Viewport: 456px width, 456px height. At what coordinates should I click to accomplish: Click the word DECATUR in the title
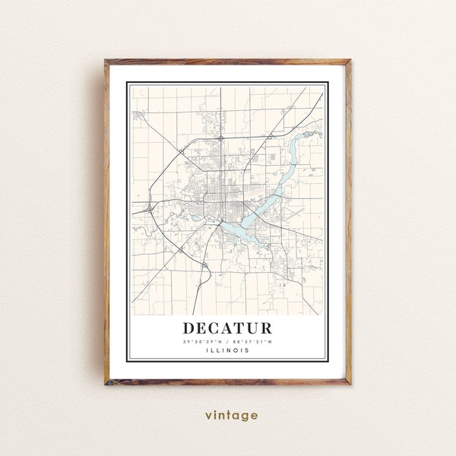[227, 328]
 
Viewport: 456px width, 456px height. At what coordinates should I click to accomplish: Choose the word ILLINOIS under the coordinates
[228, 350]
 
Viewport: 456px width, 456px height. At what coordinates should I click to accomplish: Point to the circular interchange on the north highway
[219, 139]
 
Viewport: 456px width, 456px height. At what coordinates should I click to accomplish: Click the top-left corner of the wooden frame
[106, 60]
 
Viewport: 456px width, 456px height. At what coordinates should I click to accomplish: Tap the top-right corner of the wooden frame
[350, 60]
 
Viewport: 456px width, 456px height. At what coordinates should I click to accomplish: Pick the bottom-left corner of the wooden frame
[106, 385]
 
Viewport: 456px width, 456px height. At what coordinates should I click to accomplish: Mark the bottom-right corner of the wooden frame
[350, 385]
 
